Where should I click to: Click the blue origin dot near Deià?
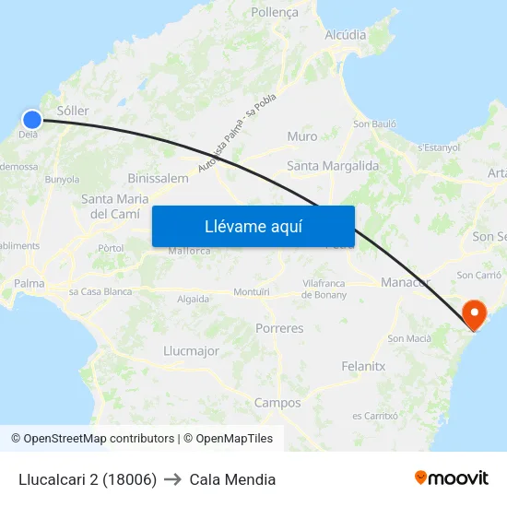click(x=32, y=119)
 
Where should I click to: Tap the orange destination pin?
click(x=475, y=313)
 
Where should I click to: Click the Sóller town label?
click(x=73, y=111)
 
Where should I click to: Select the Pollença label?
click(x=275, y=13)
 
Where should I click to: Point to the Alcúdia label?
click(x=346, y=35)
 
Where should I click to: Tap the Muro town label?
click(x=301, y=136)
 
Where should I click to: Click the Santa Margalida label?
click(x=333, y=166)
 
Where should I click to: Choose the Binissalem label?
click(x=159, y=178)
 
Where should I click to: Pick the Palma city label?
click(x=29, y=283)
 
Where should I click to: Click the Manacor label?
click(x=406, y=281)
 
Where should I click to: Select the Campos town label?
click(x=277, y=403)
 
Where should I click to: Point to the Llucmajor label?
click(x=191, y=351)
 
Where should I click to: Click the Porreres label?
click(x=279, y=328)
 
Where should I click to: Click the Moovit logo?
click(x=452, y=478)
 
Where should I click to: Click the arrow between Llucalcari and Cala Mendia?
click(x=172, y=479)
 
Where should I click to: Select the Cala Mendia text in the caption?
click(x=232, y=479)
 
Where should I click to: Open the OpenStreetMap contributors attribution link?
click(x=99, y=439)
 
